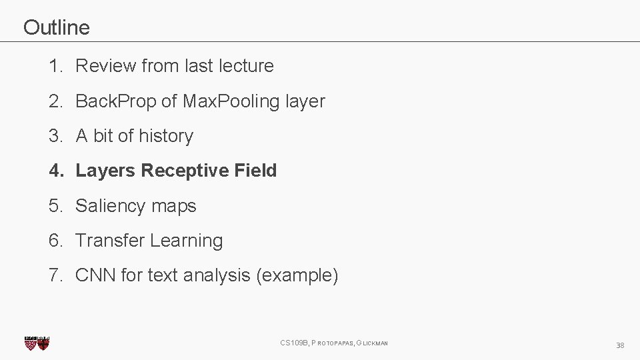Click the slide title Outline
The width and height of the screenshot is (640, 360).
(x=56, y=27)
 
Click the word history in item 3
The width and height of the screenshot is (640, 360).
(x=166, y=136)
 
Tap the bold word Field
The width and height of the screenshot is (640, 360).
(x=255, y=171)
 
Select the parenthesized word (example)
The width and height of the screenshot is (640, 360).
(x=297, y=275)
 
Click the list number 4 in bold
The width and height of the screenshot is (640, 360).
(x=54, y=171)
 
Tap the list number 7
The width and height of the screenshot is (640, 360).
(x=54, y=275)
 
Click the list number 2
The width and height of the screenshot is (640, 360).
(x=54, y=101)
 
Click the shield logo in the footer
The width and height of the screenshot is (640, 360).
(x=37, y=343)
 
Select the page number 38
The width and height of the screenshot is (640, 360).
(x=620, y=345)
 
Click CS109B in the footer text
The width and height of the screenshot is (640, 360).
(x=293, y=343)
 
